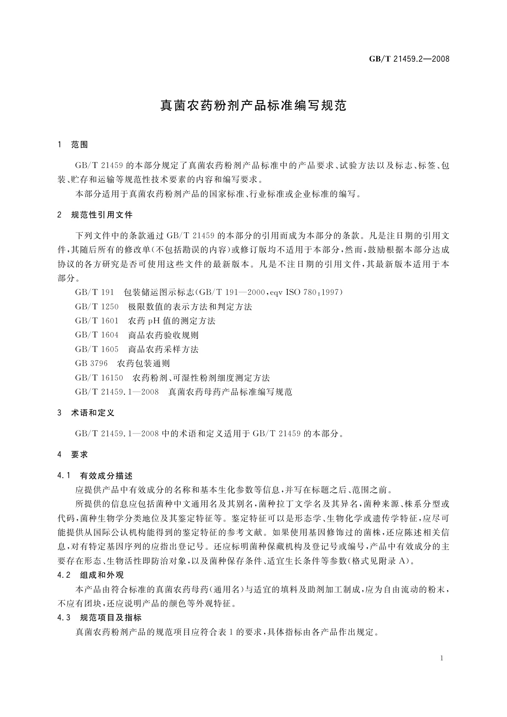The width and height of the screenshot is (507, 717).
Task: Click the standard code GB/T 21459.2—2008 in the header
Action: tap(409, 59)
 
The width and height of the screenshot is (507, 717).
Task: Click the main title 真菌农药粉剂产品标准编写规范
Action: tap(253, 106)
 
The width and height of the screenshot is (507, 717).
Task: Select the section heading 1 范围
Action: tap(73, 145)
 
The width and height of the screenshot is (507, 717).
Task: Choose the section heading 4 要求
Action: tap(73, 455)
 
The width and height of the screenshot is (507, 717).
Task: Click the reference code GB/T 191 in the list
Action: tap(95, 293)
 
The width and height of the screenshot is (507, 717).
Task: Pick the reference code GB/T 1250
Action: tap(97, 307)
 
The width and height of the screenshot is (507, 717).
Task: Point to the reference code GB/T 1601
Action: tap(97, 321)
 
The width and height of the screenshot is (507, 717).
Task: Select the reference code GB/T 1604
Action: tap(97, 335)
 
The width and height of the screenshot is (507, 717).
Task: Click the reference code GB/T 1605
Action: tap(97, 350)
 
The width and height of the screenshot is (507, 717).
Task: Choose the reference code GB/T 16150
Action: tap(99, 378)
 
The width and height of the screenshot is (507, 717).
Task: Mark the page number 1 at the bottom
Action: tap(442, 658)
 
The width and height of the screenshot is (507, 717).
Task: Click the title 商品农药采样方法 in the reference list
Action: tap(163, 350)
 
